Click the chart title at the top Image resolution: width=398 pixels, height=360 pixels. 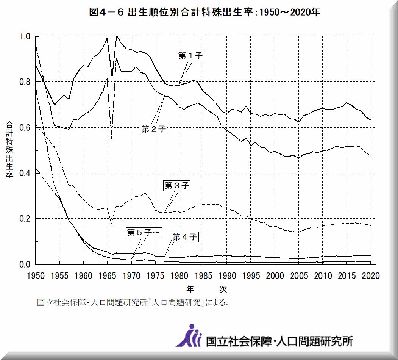204,12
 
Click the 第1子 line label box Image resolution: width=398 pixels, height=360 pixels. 190,56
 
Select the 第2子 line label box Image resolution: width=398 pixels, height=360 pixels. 154,129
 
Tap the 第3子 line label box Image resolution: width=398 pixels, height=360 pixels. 176,186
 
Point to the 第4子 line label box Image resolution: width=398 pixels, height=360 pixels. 185,237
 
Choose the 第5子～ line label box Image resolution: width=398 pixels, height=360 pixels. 144,233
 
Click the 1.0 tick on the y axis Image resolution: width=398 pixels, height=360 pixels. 25,37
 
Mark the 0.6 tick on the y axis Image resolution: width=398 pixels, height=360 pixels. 25,128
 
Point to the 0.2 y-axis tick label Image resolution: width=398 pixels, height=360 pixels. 25,219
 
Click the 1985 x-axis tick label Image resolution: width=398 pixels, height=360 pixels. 203,276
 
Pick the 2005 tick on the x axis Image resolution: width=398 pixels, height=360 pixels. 299,276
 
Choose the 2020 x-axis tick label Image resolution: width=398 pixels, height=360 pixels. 371,276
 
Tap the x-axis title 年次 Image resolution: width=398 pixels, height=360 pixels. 206,289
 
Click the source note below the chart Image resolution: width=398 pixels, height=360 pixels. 133,303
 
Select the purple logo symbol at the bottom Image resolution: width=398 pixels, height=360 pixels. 189,336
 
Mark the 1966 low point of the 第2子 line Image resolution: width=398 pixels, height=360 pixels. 112,139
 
